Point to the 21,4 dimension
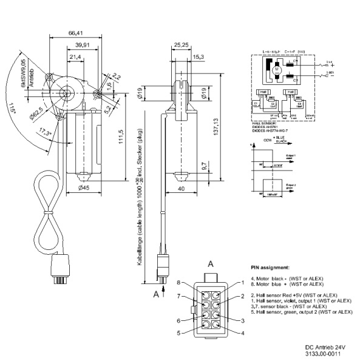click(x=75, y=56)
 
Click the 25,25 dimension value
click(x=180, y=44)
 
